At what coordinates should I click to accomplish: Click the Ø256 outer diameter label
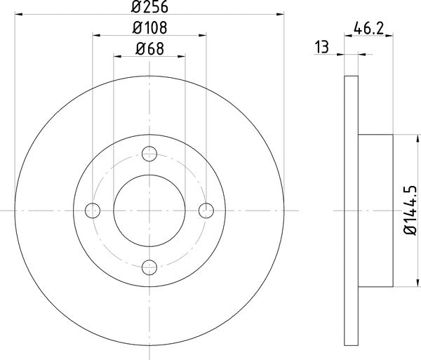pyautogui.click(x=149, y=6)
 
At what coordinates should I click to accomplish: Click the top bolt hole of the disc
pyautogui.click(x=149, y=153)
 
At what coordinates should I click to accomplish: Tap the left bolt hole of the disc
pyautogui.click(x=92, y=210)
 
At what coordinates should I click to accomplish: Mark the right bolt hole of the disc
pyautogui.click(x=206, y=210)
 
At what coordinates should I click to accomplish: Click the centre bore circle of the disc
pyautogui.click(x=149, y=210)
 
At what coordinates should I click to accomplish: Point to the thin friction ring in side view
pyautogui.click(x=352, y=210)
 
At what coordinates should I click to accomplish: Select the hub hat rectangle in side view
pyautogui.click(x=375, y=210)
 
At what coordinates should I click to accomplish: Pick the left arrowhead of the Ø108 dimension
pyautogui.click(x=96, y=34)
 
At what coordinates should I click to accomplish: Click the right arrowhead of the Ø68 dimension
pyautogui.click(x=181, y=55)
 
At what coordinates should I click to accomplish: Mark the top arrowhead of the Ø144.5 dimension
pyautogui.click(x=405, y=138)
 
